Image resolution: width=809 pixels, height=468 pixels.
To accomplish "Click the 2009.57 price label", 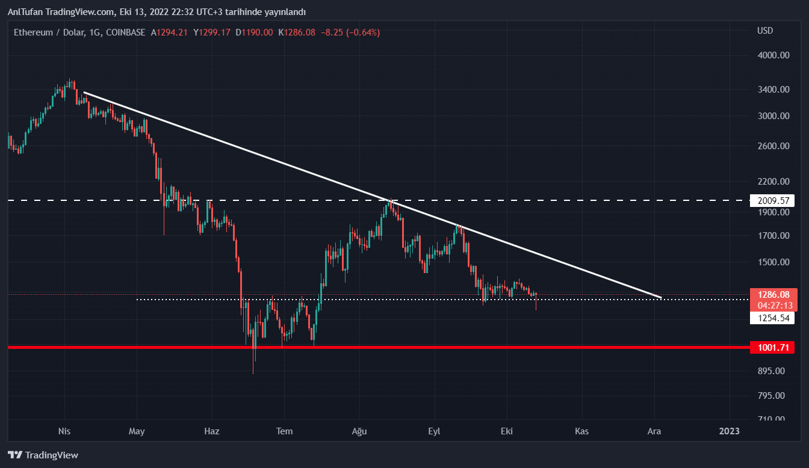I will [x=772, y=201].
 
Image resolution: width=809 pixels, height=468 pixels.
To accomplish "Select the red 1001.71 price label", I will [x=772, y=347].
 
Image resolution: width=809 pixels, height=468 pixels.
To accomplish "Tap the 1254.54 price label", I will [x=772, y=318].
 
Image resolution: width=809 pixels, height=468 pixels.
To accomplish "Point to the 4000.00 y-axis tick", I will [x=772, y=55].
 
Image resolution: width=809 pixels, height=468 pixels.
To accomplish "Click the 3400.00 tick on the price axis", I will [x=772, y=90].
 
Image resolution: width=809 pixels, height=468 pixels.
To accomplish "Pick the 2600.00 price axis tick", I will [x=772, y=146].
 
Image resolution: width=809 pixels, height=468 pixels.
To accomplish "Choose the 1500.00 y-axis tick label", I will [x=772, y=262].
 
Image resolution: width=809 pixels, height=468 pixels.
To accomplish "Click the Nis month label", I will [x=64, y=431].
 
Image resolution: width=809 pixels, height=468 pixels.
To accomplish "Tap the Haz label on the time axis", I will [x=212, y=431].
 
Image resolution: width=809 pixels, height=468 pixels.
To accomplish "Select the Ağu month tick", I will [x=359, y=431].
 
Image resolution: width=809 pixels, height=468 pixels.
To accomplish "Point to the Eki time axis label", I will [x=507, y=431].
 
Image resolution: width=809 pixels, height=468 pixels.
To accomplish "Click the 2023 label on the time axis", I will [x=730, y=431].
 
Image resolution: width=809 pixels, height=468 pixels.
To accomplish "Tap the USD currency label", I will [x=765, y=31].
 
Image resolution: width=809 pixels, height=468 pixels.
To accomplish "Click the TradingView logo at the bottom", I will [x=43, y=455].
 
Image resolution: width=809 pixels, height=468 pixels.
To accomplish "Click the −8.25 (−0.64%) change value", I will [x=351, y=32].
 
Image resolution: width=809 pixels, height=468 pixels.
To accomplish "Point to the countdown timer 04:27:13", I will [x=772, y=305].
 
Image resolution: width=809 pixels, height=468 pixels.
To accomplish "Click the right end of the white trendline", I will [x=661, y=297].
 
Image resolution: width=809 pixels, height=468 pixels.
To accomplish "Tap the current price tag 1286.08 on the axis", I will [x=772, y=295].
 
